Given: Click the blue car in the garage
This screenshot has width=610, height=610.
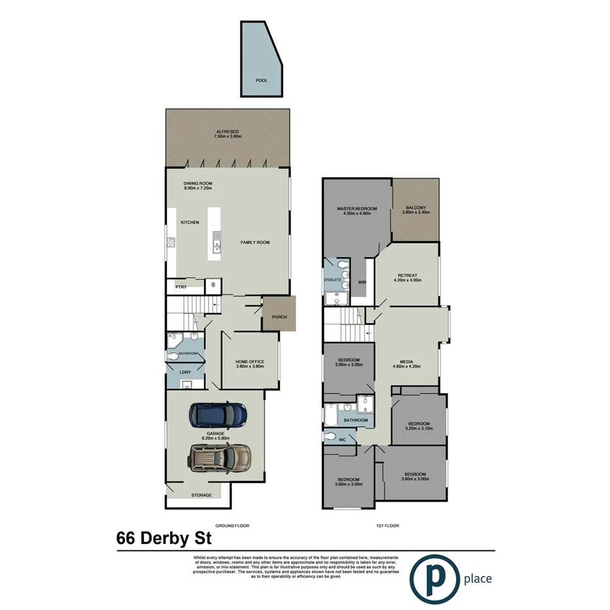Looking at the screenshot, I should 218,414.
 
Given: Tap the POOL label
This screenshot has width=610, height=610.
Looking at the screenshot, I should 262,80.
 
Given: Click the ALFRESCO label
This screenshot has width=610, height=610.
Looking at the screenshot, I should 228,132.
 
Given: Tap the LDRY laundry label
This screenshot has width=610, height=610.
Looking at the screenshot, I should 185,372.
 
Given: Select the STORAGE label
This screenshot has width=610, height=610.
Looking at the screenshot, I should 202,495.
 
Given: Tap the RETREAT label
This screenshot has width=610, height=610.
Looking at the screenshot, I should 407,276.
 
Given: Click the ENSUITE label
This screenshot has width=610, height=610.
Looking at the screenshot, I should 333,280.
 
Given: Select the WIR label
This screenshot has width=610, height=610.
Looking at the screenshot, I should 362,283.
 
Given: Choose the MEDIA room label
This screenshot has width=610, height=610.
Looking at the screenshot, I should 407,364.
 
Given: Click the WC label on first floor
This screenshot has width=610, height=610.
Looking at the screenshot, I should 341,440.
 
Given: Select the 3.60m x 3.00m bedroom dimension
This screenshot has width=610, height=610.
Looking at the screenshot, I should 415,479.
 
